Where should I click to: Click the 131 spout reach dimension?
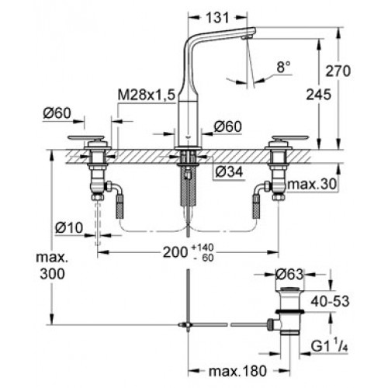[x=217, y=18]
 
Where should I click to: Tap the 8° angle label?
[x=283, y=68]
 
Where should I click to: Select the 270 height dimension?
[x=338, y=71]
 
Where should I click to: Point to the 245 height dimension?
[x=319, y=95]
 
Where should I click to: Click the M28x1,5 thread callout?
[x=147, y=95]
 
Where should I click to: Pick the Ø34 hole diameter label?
[x=229, y=171]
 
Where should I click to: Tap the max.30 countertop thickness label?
[x=313, y=184]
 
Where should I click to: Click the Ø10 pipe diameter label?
[x=69, y=228]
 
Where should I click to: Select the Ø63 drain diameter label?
[x=289, y=275]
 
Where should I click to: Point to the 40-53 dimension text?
[x=330, y=301]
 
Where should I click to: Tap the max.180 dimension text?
[x=237, y=371]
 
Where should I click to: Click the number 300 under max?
[x=52, y=274]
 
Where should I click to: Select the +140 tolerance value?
[x=203, y=248]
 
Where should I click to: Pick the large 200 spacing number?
[x=175, y=252]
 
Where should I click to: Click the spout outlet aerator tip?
[x=246, y=38]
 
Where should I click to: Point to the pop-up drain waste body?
[x=289, y=310]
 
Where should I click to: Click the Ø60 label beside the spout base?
[x=227, y=126]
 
